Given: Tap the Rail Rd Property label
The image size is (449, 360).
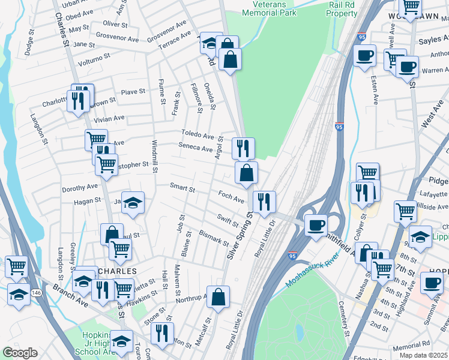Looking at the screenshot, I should pos(343,8).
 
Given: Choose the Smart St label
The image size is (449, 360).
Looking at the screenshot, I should pos(182,188).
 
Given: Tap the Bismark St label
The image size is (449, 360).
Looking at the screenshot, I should pos(214,238).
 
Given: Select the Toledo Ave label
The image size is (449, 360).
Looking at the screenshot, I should pos(198,135).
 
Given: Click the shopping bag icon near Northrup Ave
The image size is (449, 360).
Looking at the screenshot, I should pos(220,296).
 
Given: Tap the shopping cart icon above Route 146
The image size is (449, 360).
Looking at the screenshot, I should pos(16,265).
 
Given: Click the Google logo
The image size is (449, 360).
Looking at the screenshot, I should pos(20,353).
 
